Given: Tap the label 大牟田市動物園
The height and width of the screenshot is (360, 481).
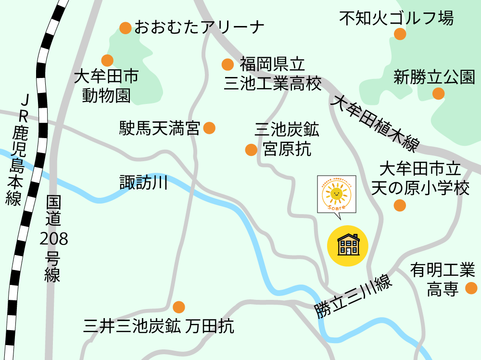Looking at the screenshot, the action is pyautogui.click(x=106, y=86).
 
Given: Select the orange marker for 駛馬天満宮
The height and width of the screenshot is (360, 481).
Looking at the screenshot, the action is pyautogui.click(x=209, y=128).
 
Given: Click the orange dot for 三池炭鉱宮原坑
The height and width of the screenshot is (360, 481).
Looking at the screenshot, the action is pyautogui.click(x=251, y=150).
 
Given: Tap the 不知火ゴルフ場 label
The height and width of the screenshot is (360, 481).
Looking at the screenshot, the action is pyautogui.click(x=396, y=19).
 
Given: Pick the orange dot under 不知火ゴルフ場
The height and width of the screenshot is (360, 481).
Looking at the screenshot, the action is pyautogui.click(x=400, y=34).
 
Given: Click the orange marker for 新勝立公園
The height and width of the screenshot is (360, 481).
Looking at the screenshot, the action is pyautogui.click(x=438, y=93).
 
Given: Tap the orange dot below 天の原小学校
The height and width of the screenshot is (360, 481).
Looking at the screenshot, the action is pyautogui.click(x=400, y=206).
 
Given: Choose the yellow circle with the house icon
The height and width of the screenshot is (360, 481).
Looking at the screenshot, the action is pyautogui.click(x=347, y=244).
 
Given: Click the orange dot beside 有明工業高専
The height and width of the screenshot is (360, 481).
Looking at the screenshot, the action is pyautogui.click(x=471, y=288).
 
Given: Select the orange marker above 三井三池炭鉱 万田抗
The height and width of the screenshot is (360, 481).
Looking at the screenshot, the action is pyautogui.click(x=179, y=307).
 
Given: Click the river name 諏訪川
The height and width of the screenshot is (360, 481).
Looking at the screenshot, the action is pyautogui.click(x=143, y=182).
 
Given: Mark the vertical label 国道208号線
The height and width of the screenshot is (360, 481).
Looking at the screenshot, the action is pyautogui.click(x=53, y=239).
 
